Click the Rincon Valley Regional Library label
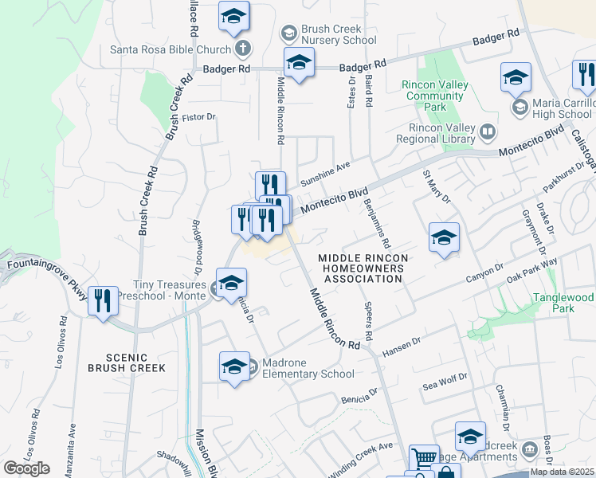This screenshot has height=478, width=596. coord(440,134)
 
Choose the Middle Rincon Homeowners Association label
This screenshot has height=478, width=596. coord(363,268)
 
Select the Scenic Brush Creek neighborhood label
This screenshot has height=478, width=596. coord(127,362)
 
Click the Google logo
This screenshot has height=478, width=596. coord(26,468)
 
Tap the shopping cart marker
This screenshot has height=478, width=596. coord(424,458)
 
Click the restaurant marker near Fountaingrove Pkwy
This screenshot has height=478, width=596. coord(103,301)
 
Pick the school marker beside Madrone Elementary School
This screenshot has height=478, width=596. coord(233,366)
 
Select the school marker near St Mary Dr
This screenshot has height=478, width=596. coord(444,237)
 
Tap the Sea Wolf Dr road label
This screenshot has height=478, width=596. coord(442,382)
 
